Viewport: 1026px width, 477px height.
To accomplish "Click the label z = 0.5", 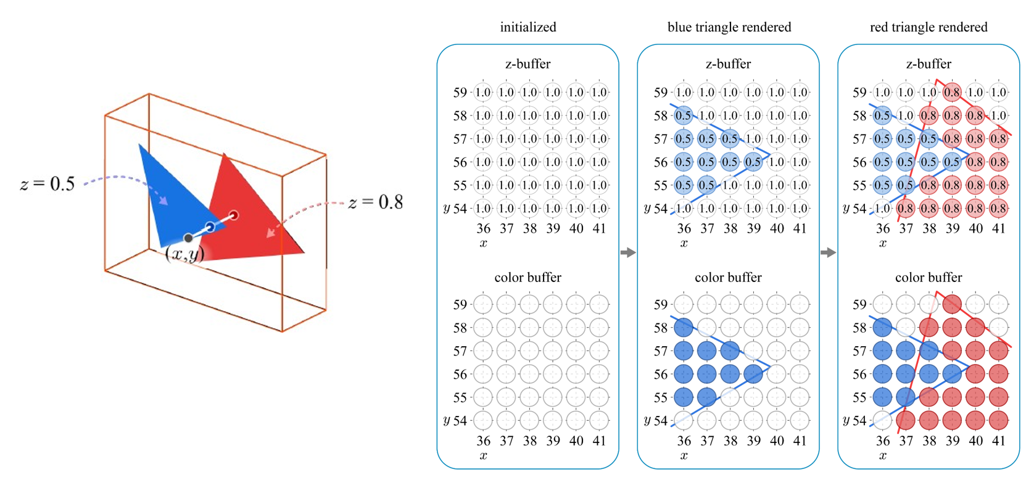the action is point(48,184).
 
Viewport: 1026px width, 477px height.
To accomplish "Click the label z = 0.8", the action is point(376,202).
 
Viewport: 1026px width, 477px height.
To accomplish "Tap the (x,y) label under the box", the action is point(184,254).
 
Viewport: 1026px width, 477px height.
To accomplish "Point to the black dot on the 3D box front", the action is point(188,238).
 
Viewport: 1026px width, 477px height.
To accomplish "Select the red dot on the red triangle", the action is point(234,215).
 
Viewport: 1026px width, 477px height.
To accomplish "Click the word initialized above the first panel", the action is point(528,27).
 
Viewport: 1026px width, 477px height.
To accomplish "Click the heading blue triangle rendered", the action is point(729,27).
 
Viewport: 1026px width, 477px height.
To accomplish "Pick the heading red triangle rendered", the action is point(929,27).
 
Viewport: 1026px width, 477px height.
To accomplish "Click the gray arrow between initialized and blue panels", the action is point(627,252).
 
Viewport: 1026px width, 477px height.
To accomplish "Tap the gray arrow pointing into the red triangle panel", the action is point(828,252).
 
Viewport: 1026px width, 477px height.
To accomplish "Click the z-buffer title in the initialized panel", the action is point(528,64).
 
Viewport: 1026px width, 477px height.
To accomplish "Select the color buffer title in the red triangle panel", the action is point(929,278).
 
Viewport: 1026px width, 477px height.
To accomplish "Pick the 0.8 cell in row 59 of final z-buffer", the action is point(952,93).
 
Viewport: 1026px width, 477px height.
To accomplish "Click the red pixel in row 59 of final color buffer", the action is point(952,304).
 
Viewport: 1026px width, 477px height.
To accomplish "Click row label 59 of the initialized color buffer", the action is point(460,304).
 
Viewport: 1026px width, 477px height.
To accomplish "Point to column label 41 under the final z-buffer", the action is point(999,229).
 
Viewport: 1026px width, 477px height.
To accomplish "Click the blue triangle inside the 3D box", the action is point(167,191).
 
